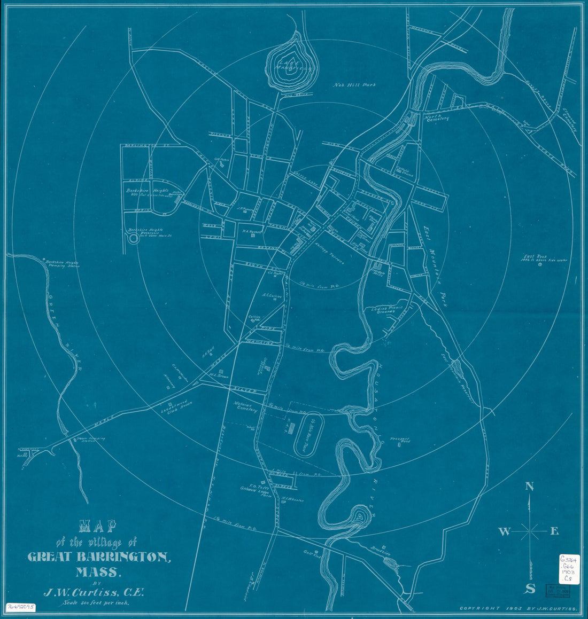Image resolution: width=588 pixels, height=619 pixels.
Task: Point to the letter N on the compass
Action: coord(529,486)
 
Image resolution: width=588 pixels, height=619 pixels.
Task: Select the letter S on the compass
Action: coord(530,589)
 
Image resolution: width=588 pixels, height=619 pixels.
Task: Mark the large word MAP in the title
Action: coord(98,527)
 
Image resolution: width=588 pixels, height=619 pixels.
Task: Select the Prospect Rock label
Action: coord(399,441)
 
